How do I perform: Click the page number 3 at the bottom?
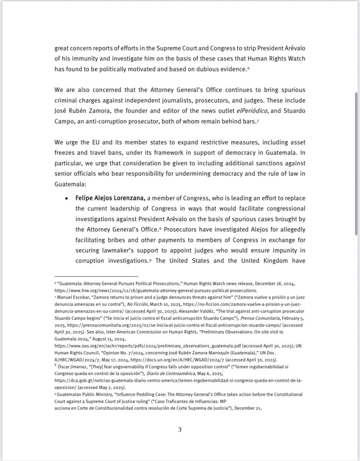[180, 429]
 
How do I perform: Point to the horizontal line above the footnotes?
[96, 276]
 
